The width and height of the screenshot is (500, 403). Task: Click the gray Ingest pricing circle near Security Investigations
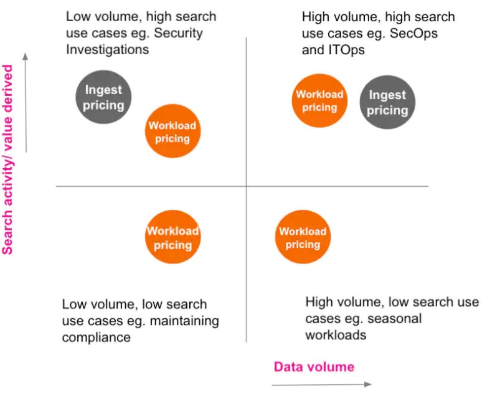(x=104, y=97)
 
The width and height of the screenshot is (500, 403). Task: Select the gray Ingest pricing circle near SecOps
(x=387, y=102)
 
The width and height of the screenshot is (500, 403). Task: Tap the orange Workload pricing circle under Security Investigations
(x=172, y=131)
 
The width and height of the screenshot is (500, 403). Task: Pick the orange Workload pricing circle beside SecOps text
(x=319, y=100)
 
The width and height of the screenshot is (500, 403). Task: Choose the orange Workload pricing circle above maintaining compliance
(x=172, y=237)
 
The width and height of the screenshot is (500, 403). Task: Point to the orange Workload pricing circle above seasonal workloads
(x=303, y=237)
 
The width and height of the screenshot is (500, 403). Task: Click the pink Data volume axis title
(x=314, y=367)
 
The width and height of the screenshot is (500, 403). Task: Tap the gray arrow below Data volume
(x=321, y=384)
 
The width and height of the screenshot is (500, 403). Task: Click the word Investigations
(x=107, y=49)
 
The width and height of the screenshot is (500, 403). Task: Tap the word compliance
(x=96, y=338)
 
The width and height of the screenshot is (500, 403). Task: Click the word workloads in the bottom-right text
(x=336, y=335)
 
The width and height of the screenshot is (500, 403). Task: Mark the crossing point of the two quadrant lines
(x=246, y=186)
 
